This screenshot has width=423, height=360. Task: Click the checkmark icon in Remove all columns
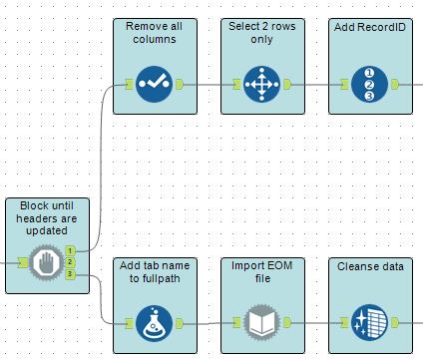[x=155, y=84]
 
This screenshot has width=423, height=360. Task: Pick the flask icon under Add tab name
[x=155, y=322]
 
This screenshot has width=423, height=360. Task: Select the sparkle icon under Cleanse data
[x=368, y=322]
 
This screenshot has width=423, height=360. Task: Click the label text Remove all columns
[x=153, y=32]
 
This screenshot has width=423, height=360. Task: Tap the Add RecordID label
[x=367, y=25]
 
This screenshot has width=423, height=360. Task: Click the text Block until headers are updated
[x=46, y=217]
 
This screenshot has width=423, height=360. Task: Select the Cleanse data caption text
[x=369, y=265]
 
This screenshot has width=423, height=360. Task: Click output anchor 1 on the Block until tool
[x=71, y=251]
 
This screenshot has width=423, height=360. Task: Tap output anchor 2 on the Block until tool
[x=71, y=263]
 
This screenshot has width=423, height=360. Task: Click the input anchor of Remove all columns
[x=128, y=84]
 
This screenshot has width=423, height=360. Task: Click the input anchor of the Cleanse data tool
[x=341, y=322]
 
